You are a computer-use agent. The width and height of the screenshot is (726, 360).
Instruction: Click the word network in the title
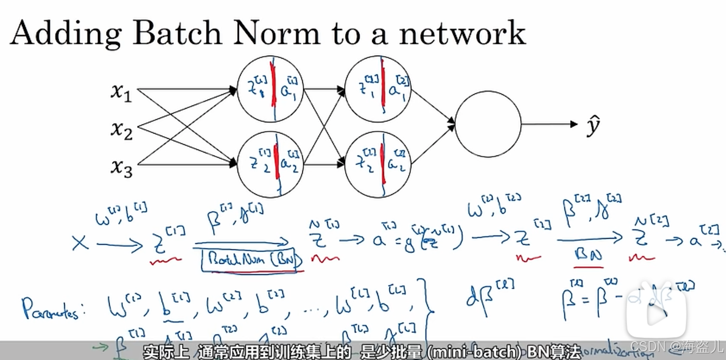pyautogui.click(x=462, y=33)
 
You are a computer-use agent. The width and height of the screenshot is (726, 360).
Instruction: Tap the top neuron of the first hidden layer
pyautogui.click(x=270, y=89)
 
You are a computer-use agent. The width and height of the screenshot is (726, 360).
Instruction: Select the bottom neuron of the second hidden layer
pyautogui.click(x=378, y=164)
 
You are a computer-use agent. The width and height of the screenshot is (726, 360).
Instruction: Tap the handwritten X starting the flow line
pyautogui.click(x=80, y=243)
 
